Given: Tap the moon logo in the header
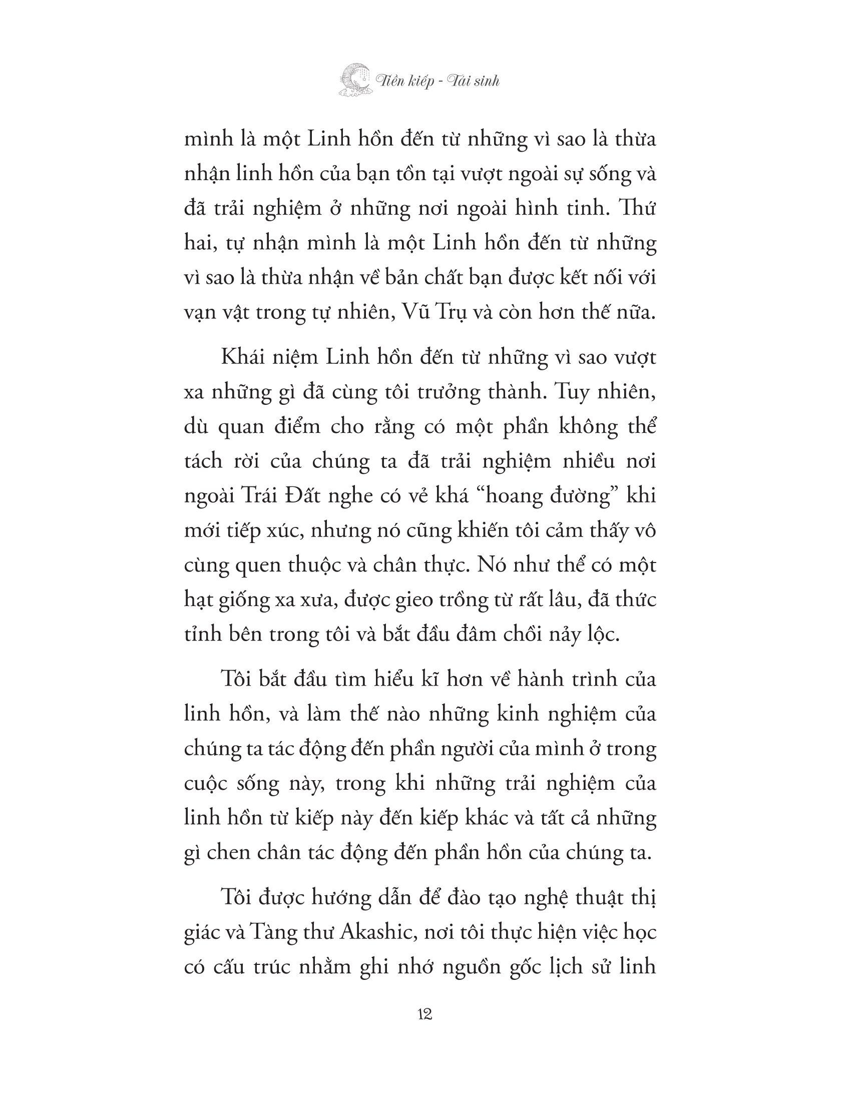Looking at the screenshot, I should [355, 80].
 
